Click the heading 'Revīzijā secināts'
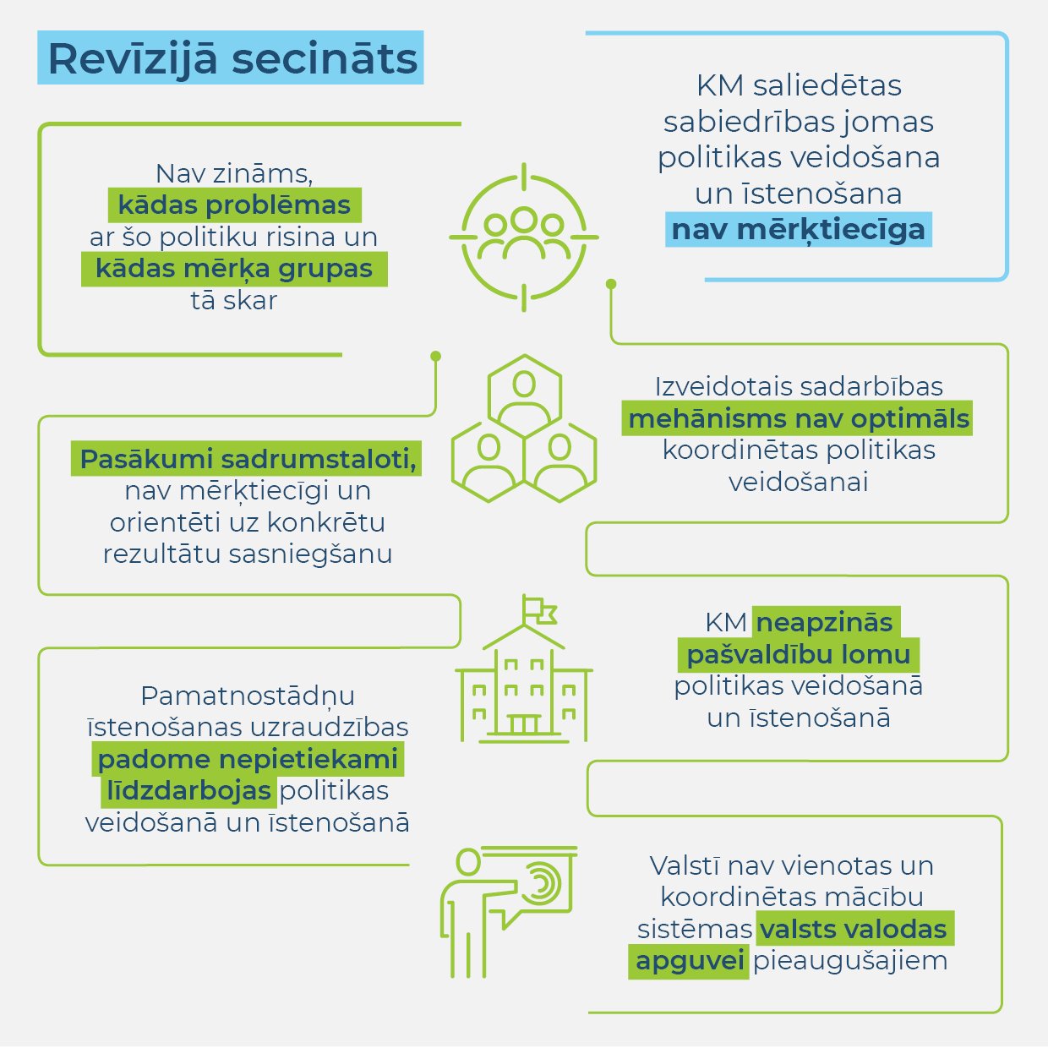pos(232,58)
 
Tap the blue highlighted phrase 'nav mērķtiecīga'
pos(799,230)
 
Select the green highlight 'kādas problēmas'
pos(234,205)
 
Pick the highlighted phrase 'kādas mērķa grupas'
pos(234,269)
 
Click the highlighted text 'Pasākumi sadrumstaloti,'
pos(246,458)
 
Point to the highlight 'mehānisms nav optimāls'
pos(797,418)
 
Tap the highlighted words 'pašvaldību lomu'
pos(799,654)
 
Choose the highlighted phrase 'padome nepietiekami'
pos(248,759)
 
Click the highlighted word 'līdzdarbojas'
pos(188,790)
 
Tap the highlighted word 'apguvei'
pos(689,960)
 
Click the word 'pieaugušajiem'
pos(850,961)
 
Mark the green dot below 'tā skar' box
pos(435,356)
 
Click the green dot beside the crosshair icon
pos(611,284)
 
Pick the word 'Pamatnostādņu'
pos(248,696)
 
